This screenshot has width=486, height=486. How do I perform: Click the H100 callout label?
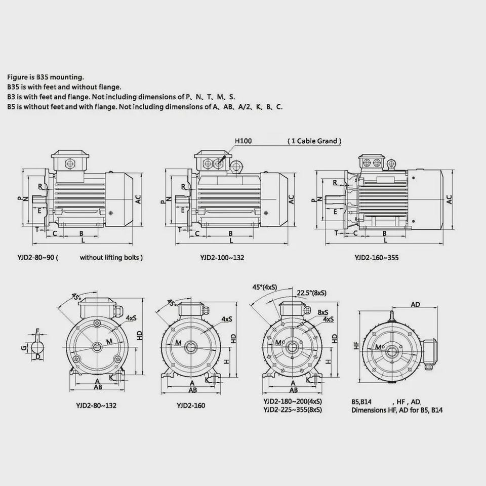243,141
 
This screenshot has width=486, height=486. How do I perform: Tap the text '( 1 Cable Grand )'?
314,141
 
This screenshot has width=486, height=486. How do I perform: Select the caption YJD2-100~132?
222,258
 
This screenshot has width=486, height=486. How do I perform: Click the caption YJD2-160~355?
377,258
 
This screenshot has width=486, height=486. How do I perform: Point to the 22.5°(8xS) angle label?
311,293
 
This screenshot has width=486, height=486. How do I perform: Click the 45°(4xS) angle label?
265,288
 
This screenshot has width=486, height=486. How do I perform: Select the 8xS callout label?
322,312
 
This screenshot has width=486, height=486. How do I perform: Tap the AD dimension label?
415,304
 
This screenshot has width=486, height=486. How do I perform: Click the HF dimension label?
356,345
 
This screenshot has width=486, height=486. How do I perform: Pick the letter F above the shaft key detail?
38,331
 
